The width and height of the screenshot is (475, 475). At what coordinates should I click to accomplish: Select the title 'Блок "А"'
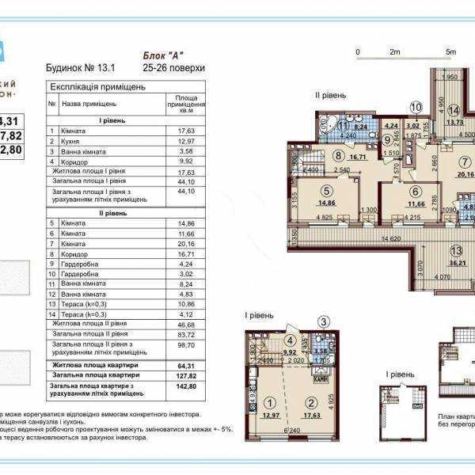click(x=159, y=56)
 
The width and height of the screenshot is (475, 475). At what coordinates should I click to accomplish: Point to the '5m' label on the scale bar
click(x=450, y=52)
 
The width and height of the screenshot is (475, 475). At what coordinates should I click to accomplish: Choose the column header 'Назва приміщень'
click(x=89, y=104)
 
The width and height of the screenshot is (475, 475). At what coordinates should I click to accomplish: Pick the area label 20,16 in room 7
click(x=464, y=174)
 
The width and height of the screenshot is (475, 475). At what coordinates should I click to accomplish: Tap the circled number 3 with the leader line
click(x=324, y=321)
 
